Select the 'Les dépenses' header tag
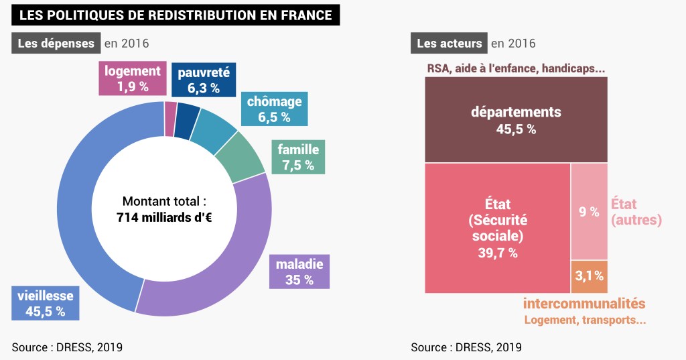pos(56,44)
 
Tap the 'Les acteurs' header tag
pos(449,44)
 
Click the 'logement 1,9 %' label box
pos(132,78)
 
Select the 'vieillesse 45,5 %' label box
pos(46,303)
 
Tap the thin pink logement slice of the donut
pos(171,109)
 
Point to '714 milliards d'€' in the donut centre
pos(164,217)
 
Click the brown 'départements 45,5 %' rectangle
pos(516,120)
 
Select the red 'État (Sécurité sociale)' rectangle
pos(496,228)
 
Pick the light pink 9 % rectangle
pos(589,212)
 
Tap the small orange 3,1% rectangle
pos(590,276)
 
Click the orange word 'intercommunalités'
pos(584,304)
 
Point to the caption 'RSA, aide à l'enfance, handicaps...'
pos(516,69)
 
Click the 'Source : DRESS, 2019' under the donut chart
pos(67,347)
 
